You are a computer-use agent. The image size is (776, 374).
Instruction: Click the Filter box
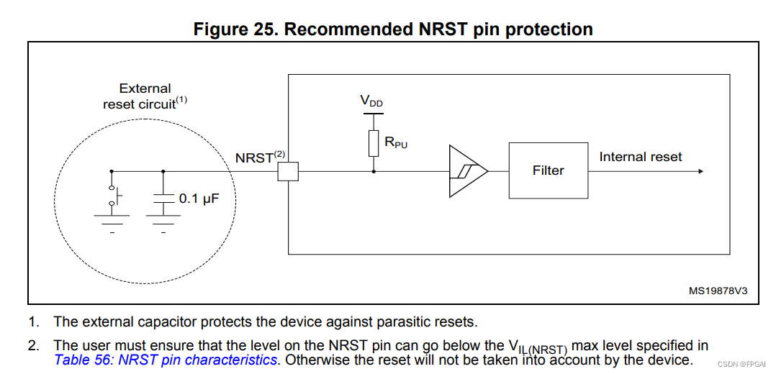coord(548,170)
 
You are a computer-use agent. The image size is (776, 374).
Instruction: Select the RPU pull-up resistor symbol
coord(374,144)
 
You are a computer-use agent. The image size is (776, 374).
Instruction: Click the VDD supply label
coord(371,101)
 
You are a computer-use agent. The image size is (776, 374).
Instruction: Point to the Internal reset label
coord(641,157)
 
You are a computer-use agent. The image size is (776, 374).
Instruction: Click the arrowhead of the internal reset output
coord(700,171)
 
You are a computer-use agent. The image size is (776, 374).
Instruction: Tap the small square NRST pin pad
coord(288,171)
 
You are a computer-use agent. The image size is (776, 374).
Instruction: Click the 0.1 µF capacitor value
coord(199,199)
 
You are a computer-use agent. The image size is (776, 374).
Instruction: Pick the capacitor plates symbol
coord(163,199)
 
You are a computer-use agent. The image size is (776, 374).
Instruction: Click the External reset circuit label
coord(145,96)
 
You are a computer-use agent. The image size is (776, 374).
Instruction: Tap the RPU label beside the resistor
coord(396,143)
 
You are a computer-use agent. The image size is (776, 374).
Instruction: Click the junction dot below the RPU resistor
coord(374,171)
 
